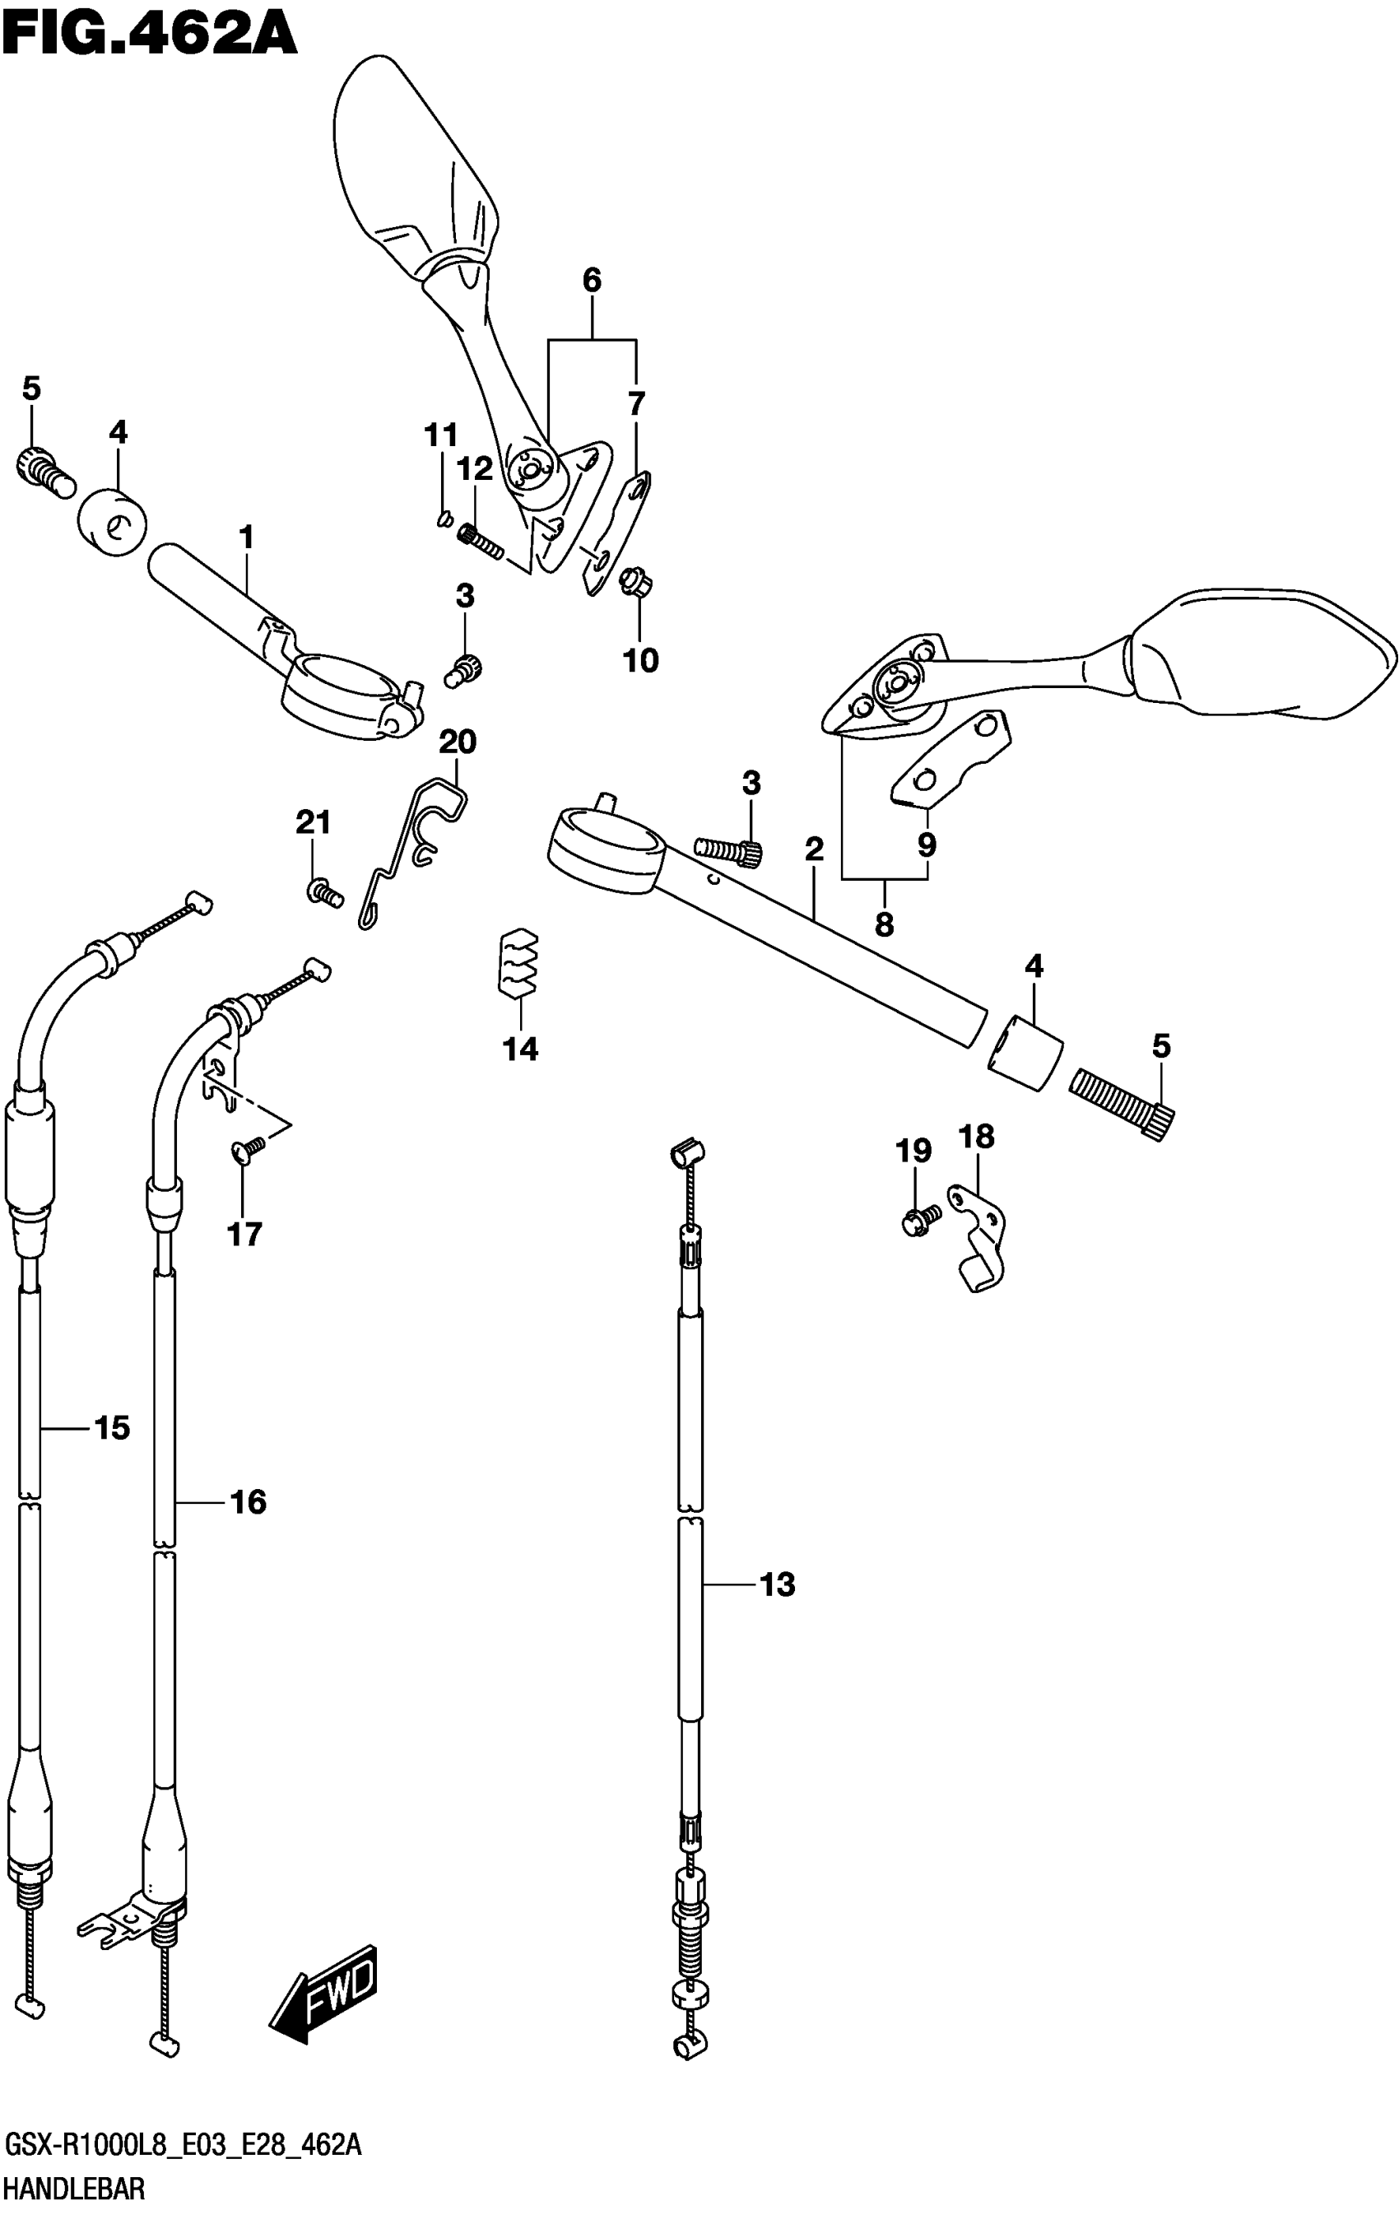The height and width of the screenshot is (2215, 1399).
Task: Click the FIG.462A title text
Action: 149,35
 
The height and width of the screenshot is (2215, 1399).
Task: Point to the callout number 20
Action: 457,742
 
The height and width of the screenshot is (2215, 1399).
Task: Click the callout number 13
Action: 777,1584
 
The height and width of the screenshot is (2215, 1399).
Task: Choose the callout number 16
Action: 249,1502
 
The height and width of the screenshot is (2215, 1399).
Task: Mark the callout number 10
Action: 640,659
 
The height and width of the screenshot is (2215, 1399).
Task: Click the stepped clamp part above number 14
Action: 518,963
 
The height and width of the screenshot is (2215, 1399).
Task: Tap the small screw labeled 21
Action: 323,891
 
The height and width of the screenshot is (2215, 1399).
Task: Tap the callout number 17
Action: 244,1235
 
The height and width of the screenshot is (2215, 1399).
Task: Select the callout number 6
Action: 592,281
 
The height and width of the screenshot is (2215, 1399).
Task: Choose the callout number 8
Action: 884,924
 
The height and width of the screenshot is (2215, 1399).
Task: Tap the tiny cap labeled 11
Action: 443,521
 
